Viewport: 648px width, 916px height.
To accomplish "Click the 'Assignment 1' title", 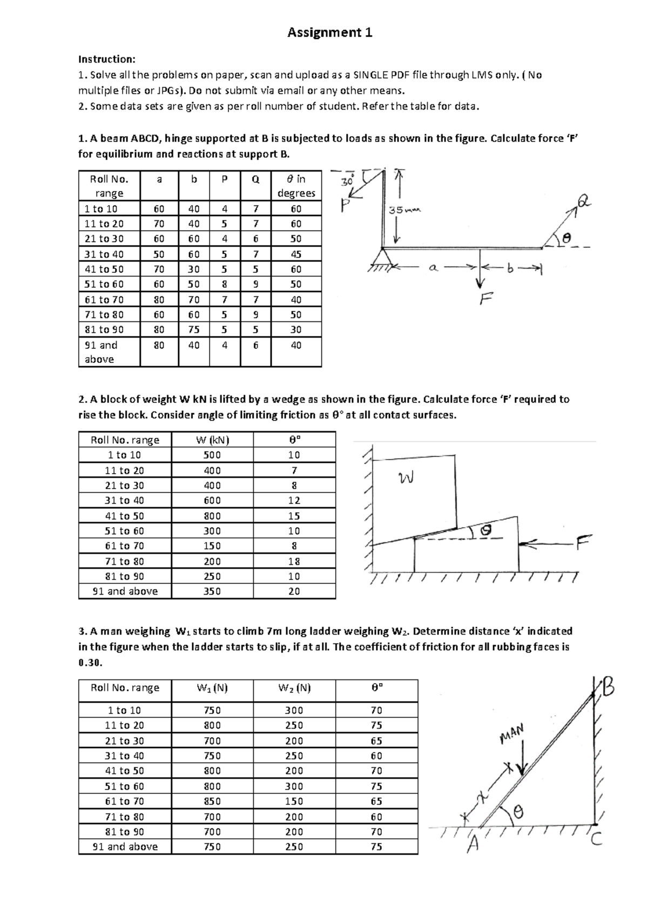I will pos(330,33).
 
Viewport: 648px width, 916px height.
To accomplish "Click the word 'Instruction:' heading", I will pos(107,59).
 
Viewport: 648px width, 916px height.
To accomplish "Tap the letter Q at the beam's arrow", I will pos(584,203).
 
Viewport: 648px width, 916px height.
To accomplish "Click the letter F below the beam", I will pos(485,298).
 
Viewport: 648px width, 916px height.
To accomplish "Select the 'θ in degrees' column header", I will pos(296,186).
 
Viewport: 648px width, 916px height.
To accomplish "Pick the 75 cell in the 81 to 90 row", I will pos(194,329).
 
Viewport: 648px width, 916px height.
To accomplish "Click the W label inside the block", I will pos(406,477).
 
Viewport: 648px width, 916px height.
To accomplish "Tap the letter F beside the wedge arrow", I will pos(583,542).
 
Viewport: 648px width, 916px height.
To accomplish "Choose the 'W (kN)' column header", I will pos(212,440).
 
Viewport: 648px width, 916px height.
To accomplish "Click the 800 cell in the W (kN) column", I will pos(212,516).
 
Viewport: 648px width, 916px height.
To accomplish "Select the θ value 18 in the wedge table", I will pos(294,561).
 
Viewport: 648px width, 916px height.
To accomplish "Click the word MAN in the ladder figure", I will pos(511,733).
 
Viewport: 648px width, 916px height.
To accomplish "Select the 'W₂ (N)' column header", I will pos(294,688).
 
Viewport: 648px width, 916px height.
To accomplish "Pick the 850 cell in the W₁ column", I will pos(212,801).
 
